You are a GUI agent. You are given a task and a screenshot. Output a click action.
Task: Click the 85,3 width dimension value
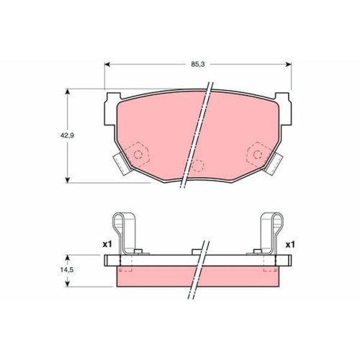pos(198,64)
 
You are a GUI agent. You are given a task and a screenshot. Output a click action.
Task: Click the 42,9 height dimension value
pos(67,135)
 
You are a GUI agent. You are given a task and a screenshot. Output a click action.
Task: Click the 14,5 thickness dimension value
pos(66,269)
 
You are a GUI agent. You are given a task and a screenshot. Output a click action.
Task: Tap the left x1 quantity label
pos(107,245)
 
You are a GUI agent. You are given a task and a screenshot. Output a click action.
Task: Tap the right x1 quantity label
pos(290,245)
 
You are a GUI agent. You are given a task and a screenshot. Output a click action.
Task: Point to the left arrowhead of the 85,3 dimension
pos(107,64)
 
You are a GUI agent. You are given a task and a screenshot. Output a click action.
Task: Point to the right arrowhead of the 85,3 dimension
pos(288,64)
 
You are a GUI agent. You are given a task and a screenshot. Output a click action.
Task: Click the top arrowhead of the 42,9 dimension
pos(68,92)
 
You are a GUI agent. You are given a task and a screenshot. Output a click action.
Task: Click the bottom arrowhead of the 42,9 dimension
pos(68,180)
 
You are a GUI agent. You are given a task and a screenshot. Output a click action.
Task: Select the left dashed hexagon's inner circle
pos(138,154)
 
